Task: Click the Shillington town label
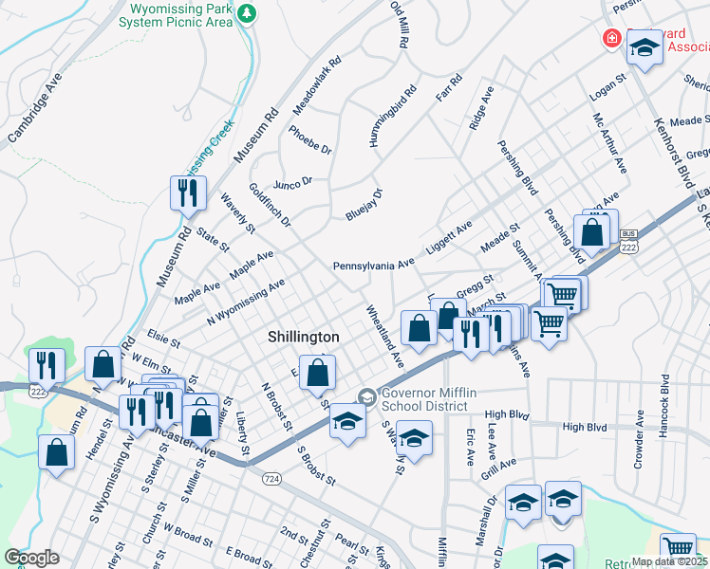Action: [x=303, y=337]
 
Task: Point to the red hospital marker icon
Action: [x=613, y=39]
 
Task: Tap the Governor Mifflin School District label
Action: [x=424, y=399]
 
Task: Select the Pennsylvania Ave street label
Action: [x=374, y=265]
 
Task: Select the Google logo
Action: [x=32, y=558]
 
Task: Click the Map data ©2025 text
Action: [x=668, y=561]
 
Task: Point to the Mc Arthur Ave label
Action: [x=609, y=143]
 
